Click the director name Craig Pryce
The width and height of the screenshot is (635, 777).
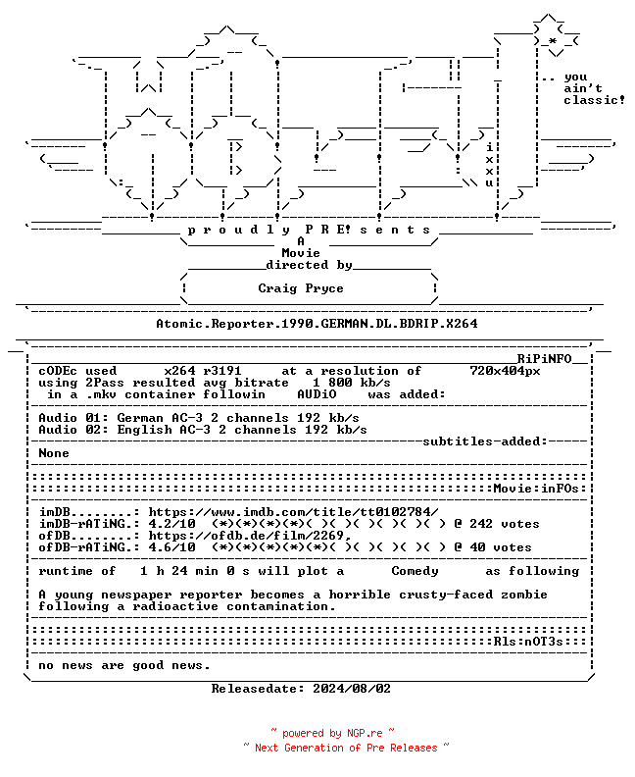coord(301,288)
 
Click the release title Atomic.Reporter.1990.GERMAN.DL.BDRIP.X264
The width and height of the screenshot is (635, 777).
coord(317,324)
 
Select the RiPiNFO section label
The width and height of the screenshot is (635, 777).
coord(545,359)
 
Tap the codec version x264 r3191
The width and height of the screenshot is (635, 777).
coord(203,371)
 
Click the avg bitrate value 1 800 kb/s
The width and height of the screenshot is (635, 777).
coord(352,383)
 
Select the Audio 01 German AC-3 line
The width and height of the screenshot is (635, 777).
coord(199,418)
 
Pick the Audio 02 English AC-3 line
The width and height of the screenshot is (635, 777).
coord(203,430)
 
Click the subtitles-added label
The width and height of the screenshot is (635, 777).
coord(485,441)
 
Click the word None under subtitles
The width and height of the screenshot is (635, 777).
coord(54,453)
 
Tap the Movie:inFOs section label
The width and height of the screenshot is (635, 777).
coord(536,489)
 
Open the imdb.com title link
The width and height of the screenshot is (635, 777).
coord(293,512)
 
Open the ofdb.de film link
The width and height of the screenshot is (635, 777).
coord(250,536)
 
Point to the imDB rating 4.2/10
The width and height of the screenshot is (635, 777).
coord(171,524)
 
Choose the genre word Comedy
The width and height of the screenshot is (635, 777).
coord(415,571)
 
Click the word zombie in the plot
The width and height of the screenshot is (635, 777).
coord(524,595)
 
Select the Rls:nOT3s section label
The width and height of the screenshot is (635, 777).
coord(528,642)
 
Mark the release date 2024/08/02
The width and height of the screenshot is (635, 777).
coord(352,689)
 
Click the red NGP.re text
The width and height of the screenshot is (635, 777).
coord(365,734)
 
